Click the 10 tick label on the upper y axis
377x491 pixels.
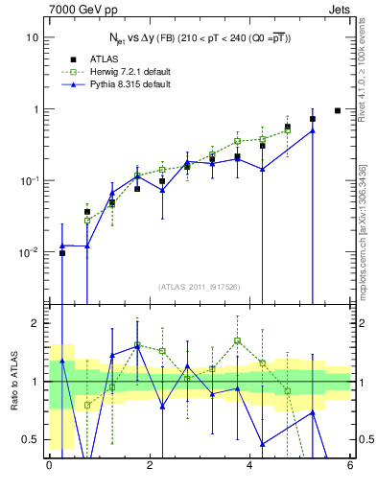click(32, 37)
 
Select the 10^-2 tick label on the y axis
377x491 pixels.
click(29, 252)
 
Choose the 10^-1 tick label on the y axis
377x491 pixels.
click(29, 180)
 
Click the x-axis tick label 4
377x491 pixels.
click(249, 466)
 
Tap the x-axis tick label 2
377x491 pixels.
click(149, 466)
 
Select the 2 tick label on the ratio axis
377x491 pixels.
click(34, 323)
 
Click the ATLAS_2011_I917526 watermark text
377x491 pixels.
click(199, 287)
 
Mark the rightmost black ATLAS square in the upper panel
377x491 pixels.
click(338, 110)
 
